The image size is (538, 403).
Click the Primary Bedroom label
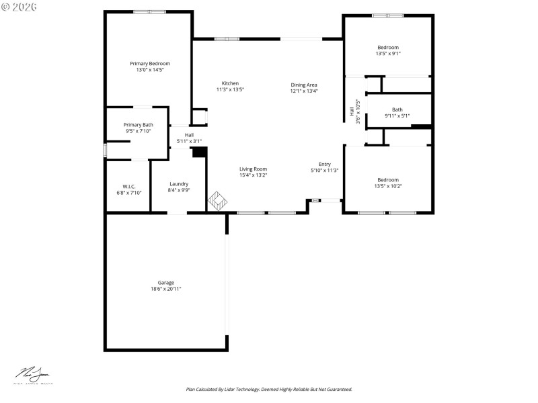click(x=150, y=63)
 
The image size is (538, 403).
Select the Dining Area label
click(x=304, y=85)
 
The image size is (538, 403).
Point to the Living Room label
click(x=253, y=169)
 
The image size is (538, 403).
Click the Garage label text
click(x=166, y=283)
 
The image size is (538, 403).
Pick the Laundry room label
click(x=179, y=183)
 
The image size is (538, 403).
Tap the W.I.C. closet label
click(x=129, y=186)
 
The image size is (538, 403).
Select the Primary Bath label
click(x=138, y=125)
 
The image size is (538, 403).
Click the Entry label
click(x=325, y=164)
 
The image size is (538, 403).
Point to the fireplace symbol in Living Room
click(x=218, y=201)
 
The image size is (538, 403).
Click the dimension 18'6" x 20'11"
click(x=166, y=289)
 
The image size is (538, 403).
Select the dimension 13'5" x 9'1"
click(x=388, y=54)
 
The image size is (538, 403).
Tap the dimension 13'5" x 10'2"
click(x=388, y=186)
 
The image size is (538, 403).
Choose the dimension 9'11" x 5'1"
click(x=397, y=116)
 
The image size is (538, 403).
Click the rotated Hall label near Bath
click(x=352, y=111)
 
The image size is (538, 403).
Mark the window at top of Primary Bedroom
click(x=149, y=11)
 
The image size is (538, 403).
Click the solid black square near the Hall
click(x=198, y=152)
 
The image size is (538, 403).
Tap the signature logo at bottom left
click(x=34, y=374)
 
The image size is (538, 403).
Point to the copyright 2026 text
click(x=20, y=6)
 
